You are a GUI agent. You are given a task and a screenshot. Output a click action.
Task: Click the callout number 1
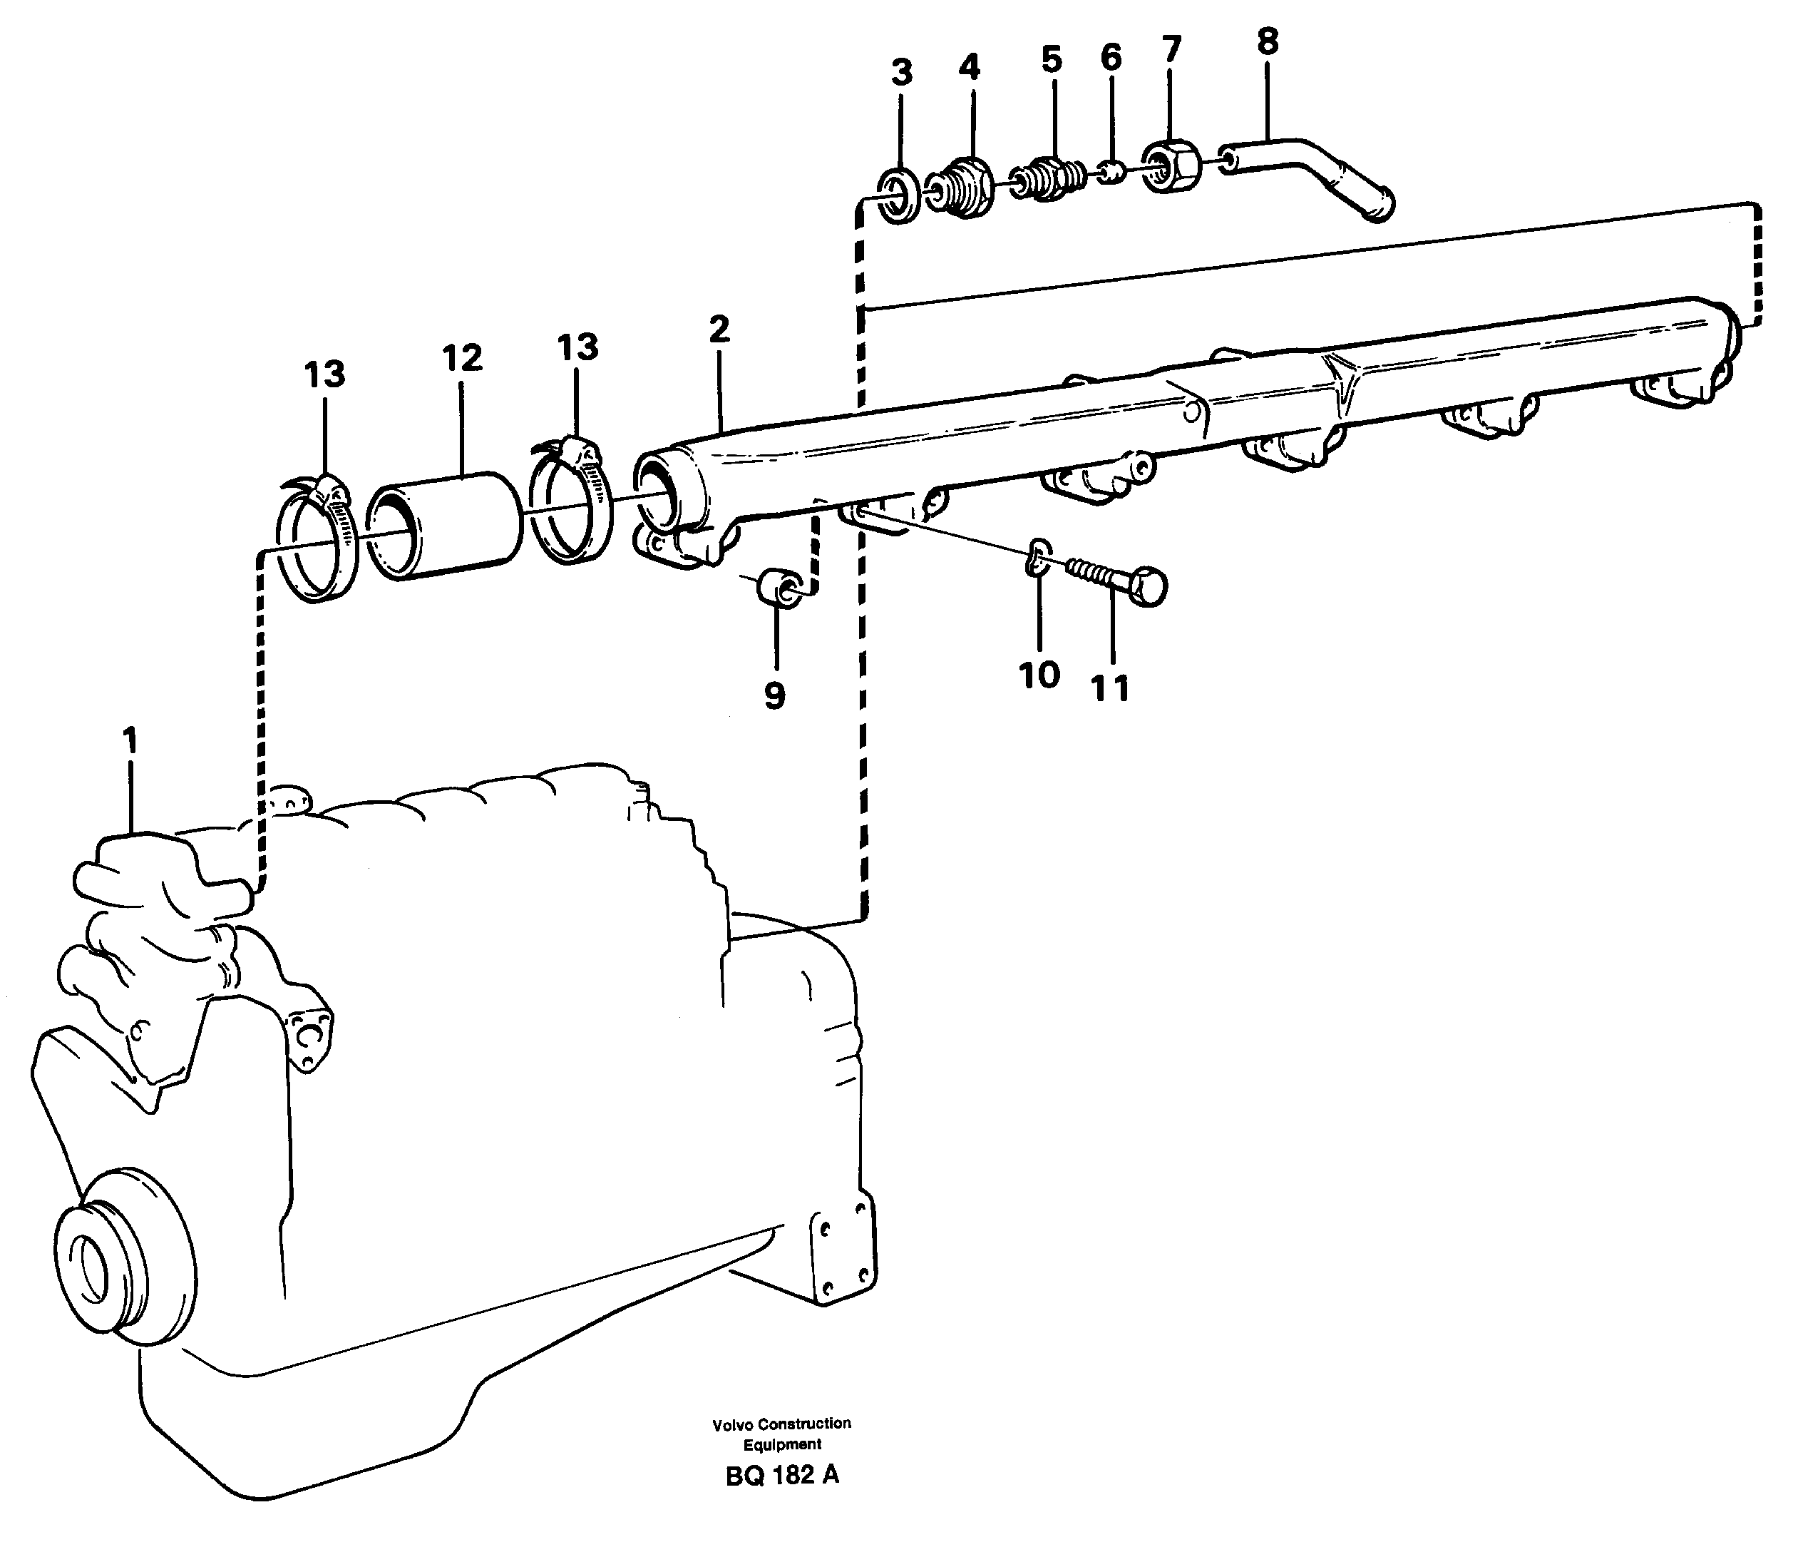[130, 742]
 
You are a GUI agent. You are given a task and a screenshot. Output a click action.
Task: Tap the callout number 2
[719, 330]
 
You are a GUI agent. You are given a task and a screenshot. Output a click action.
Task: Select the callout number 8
[1268, 41]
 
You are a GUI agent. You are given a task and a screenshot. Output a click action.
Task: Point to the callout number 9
[775, 695]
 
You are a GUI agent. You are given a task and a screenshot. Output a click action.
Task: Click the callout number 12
[461, 358]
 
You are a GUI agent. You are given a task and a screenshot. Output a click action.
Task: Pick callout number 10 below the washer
[1039, 675]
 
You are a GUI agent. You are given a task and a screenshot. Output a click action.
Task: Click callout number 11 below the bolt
[1111, 688]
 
